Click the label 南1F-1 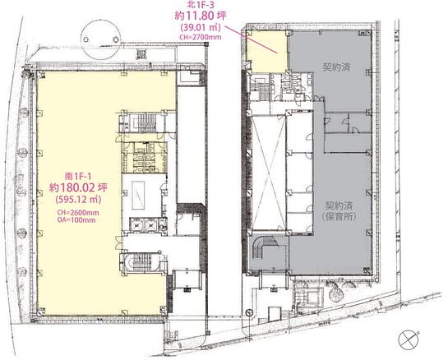(78, 176)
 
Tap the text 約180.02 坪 (78, 187)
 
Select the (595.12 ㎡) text (78, 199)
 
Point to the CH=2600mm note (78, 213)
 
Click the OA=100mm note (76, 219)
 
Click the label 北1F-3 (200, 5)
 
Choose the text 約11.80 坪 (201, 16)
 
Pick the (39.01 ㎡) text (200, 27)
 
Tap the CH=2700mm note (201, 37)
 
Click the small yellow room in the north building (267, 52)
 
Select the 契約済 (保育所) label (339, 211)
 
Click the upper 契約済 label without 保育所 (336, 67)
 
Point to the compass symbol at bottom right (409, 339)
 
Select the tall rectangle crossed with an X (268, 172)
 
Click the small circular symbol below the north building (249, 312)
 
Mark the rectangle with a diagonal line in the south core (138, 196)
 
